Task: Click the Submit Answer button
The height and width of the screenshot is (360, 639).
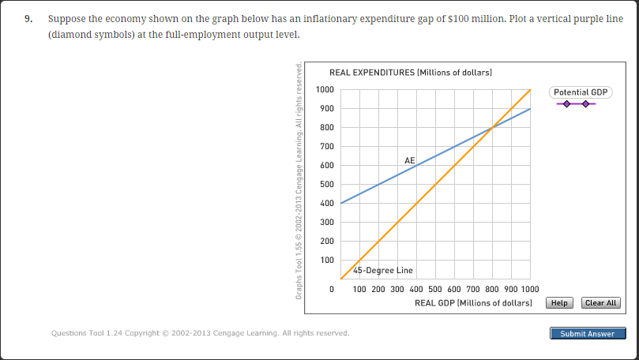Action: pyautogui.click(x=587, y=334)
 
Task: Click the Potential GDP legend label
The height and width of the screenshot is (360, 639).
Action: pyautogui.click(x=581, y=92)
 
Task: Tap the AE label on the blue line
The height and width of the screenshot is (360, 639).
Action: pyautogui.click(x=409, y=160)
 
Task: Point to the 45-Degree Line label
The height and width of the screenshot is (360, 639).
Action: pyautogui.click(x=383, y=271)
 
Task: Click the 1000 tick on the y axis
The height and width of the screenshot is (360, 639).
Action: pyautogui.click(x=325, y=89)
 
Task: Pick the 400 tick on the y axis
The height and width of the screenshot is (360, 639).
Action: pyautogui.click(x=325, y=204)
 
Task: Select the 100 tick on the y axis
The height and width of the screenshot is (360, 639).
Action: pyautogui.click(x=325, y=261)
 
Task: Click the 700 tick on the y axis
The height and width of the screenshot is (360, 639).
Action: pyautogui.click(x=325, y=147)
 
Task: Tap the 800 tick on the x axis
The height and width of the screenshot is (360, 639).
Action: pyautogui.click(x=493, y=291)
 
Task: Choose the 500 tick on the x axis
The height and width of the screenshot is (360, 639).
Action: pyautogui.click(x=435, y=291)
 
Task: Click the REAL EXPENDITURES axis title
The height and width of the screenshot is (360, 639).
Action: pyautogui.click(x=410, y=73)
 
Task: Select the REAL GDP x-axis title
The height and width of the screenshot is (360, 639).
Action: pyautogui.click(x=473, y=303)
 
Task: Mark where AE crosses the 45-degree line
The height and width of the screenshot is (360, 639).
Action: pyautogui.click(x=493, y=127)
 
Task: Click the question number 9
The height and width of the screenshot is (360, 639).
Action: pyautogui.click(x=28, y=18)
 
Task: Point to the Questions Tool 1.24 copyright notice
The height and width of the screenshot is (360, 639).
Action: pyautogui.click(x=200, y=333)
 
